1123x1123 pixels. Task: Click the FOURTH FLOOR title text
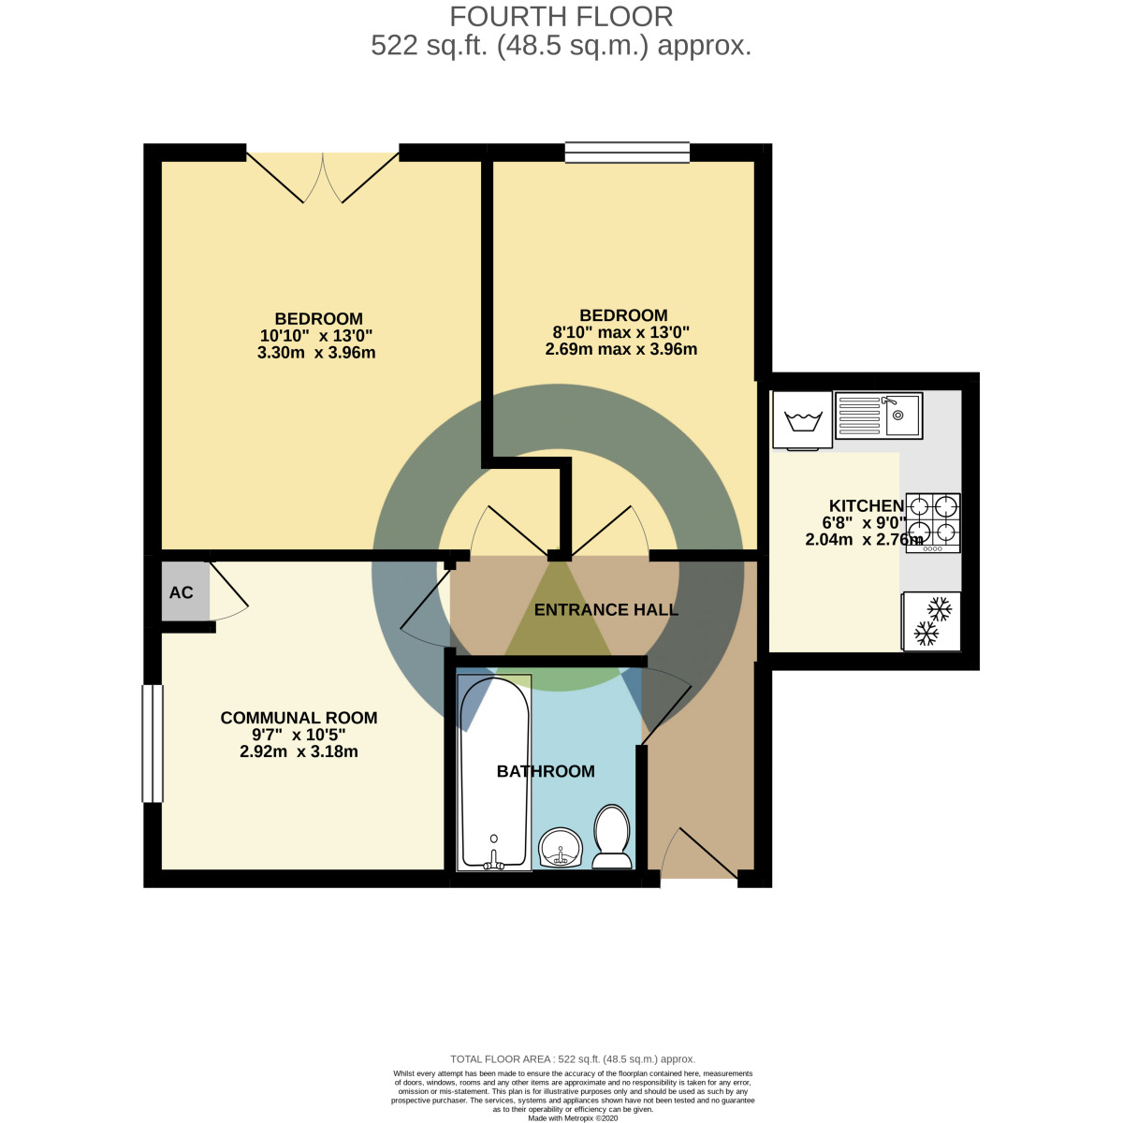tap(561, 17)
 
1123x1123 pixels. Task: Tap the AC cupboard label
tap(181, 592)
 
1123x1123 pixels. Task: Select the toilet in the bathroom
tap(612, 836)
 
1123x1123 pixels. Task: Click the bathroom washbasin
tap(561, 847)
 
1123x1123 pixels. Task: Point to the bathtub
tap(494, 772)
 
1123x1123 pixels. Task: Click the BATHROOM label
tap(546, 771)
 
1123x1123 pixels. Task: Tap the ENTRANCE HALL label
tap(605, 610)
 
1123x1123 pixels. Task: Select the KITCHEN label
tap(866, 506)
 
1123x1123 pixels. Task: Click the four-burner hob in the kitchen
tap(933, 521)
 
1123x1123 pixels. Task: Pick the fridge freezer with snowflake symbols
tap(932, 621)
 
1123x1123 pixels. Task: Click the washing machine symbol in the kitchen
tap(803, 419)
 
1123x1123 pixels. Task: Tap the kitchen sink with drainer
tap(878, 415)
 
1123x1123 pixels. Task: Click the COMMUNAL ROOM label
tap(299, 718)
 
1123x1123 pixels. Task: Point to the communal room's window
tap(153, 743)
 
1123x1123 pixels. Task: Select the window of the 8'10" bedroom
tap(627, 152)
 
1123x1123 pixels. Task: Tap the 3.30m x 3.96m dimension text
tap(316, 353)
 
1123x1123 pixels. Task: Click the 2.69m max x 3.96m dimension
tap(621, 349)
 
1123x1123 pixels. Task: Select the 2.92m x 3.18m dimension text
tap(299, 751)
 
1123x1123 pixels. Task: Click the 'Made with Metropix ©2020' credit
tap(574, 1117)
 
